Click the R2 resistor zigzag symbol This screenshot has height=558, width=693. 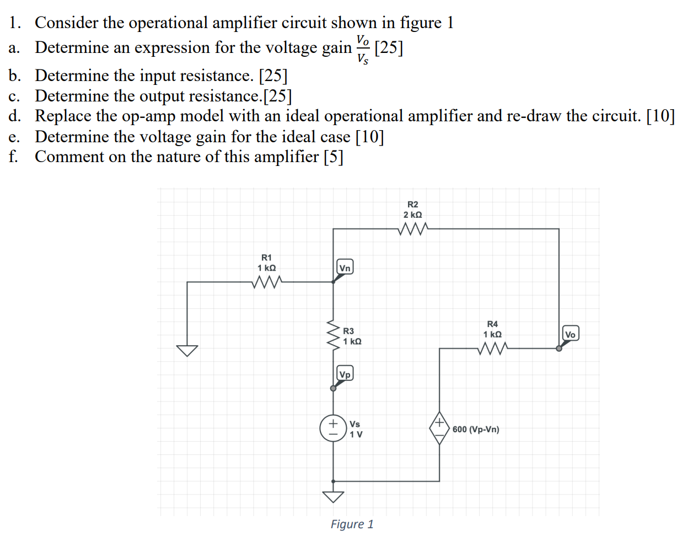point(413,229)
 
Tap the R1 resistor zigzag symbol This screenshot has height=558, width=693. point(267,282)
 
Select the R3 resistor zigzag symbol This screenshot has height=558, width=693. point(333,335)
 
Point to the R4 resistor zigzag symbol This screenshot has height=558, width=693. point(492,348)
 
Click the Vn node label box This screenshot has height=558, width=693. point(345,268)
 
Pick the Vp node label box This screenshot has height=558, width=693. point(345,374)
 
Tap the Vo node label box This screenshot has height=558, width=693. point(570,334)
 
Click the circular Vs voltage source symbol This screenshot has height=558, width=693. point(333,428)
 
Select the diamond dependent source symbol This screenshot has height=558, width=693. point(439,428)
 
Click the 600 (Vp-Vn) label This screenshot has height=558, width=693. point(476,430)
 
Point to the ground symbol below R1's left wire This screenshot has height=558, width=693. point(187,350)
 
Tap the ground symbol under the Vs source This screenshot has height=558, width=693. point(333,496)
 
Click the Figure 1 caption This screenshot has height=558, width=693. point(352,524)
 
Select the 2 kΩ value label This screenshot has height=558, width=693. point(412,215)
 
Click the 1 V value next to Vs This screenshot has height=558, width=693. point(356,434)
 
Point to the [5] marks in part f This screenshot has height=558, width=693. point(333,157)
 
